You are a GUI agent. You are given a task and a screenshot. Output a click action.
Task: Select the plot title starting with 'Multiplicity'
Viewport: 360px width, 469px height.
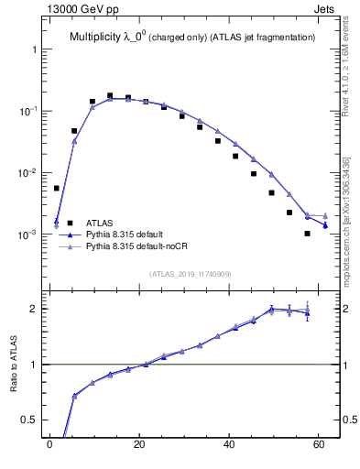tap(192, 37)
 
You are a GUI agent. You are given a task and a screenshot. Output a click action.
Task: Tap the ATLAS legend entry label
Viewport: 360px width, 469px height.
tap(100, 223)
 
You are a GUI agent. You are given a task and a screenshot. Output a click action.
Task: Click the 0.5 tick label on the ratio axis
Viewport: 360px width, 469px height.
tap(28, 420)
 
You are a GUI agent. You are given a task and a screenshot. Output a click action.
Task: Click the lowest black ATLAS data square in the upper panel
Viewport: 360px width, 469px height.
tap(308, 234)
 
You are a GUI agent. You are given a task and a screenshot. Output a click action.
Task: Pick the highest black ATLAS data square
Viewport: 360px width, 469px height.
tap(110, 95)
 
